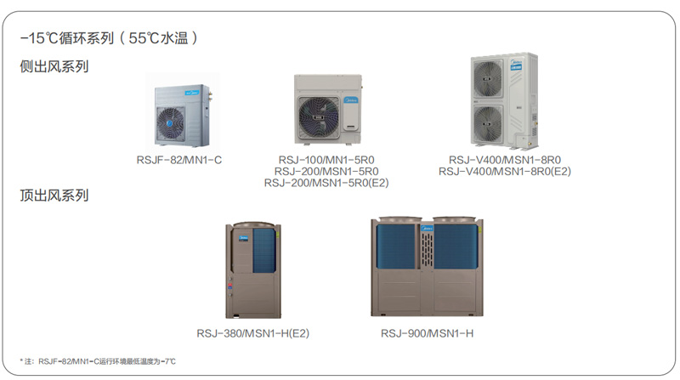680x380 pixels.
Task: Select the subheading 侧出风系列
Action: click(x=54, y=66)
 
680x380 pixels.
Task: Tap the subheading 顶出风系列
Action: click(x=54, y=196)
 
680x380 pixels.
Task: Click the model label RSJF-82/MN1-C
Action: click(x=179, y=159)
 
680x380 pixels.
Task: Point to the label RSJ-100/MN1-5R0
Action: click(x=326, y=159)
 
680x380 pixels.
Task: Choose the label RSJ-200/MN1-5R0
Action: click(x=326, y=170)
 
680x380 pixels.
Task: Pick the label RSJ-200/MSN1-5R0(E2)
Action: click(x=326, y=182)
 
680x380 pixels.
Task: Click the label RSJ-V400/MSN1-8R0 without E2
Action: click(x=505, y=159)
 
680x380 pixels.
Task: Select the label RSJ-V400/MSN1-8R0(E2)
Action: click(x=505, y=171)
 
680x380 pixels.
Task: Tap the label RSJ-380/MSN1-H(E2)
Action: click(x=252, y=332)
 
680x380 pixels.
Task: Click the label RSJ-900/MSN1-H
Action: click(x=427, y=332)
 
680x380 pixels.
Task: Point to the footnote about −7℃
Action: click(x=98, y=362)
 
